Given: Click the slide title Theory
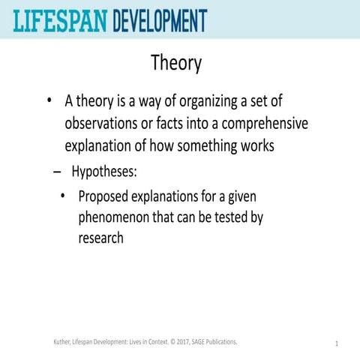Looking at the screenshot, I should point(176,63).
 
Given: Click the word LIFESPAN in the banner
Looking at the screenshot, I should point(59,19).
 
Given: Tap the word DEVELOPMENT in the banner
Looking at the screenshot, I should point(160,19).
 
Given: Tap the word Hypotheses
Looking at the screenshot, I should point(104,172).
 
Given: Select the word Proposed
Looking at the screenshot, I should point(106,196).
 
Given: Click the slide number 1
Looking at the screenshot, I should point(337,343).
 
